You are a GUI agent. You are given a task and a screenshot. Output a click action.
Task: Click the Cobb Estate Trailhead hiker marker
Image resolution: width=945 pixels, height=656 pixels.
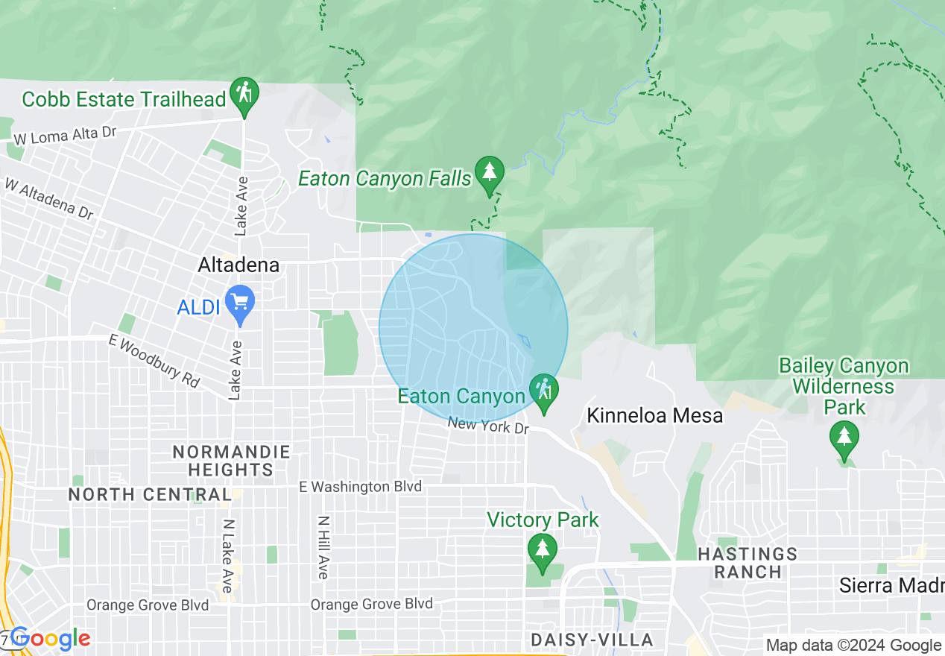[x=244, y=95]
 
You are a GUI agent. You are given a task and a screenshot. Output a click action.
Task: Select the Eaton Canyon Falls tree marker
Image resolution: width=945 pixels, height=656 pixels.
[x=489, y=173]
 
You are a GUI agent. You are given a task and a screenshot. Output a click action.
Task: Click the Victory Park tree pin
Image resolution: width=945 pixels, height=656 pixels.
[x=542, y=550]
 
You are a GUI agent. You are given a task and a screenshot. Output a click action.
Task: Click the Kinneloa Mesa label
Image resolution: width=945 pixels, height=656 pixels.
[x=655, y=415]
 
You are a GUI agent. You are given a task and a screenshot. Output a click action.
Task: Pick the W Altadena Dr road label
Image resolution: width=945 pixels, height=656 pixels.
[x=49, y=198]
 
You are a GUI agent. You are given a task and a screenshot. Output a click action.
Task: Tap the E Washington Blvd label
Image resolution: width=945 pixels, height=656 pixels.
[x=361, y=487]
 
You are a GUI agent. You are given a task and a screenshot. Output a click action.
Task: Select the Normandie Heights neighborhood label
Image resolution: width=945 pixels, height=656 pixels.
[x=230, y=461]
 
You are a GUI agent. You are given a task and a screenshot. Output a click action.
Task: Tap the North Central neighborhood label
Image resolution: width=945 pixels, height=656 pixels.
[x=149, y=494]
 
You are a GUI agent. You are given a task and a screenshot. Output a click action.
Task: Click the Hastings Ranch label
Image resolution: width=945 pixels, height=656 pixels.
[x=748, y=563]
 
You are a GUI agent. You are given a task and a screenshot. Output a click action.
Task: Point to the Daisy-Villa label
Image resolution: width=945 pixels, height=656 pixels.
[x=592, y=640]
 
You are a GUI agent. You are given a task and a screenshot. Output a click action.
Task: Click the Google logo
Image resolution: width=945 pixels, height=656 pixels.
[x=50, y=638]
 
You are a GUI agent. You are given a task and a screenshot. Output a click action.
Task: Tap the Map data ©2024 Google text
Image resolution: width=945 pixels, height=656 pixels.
[x=854, y=646]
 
